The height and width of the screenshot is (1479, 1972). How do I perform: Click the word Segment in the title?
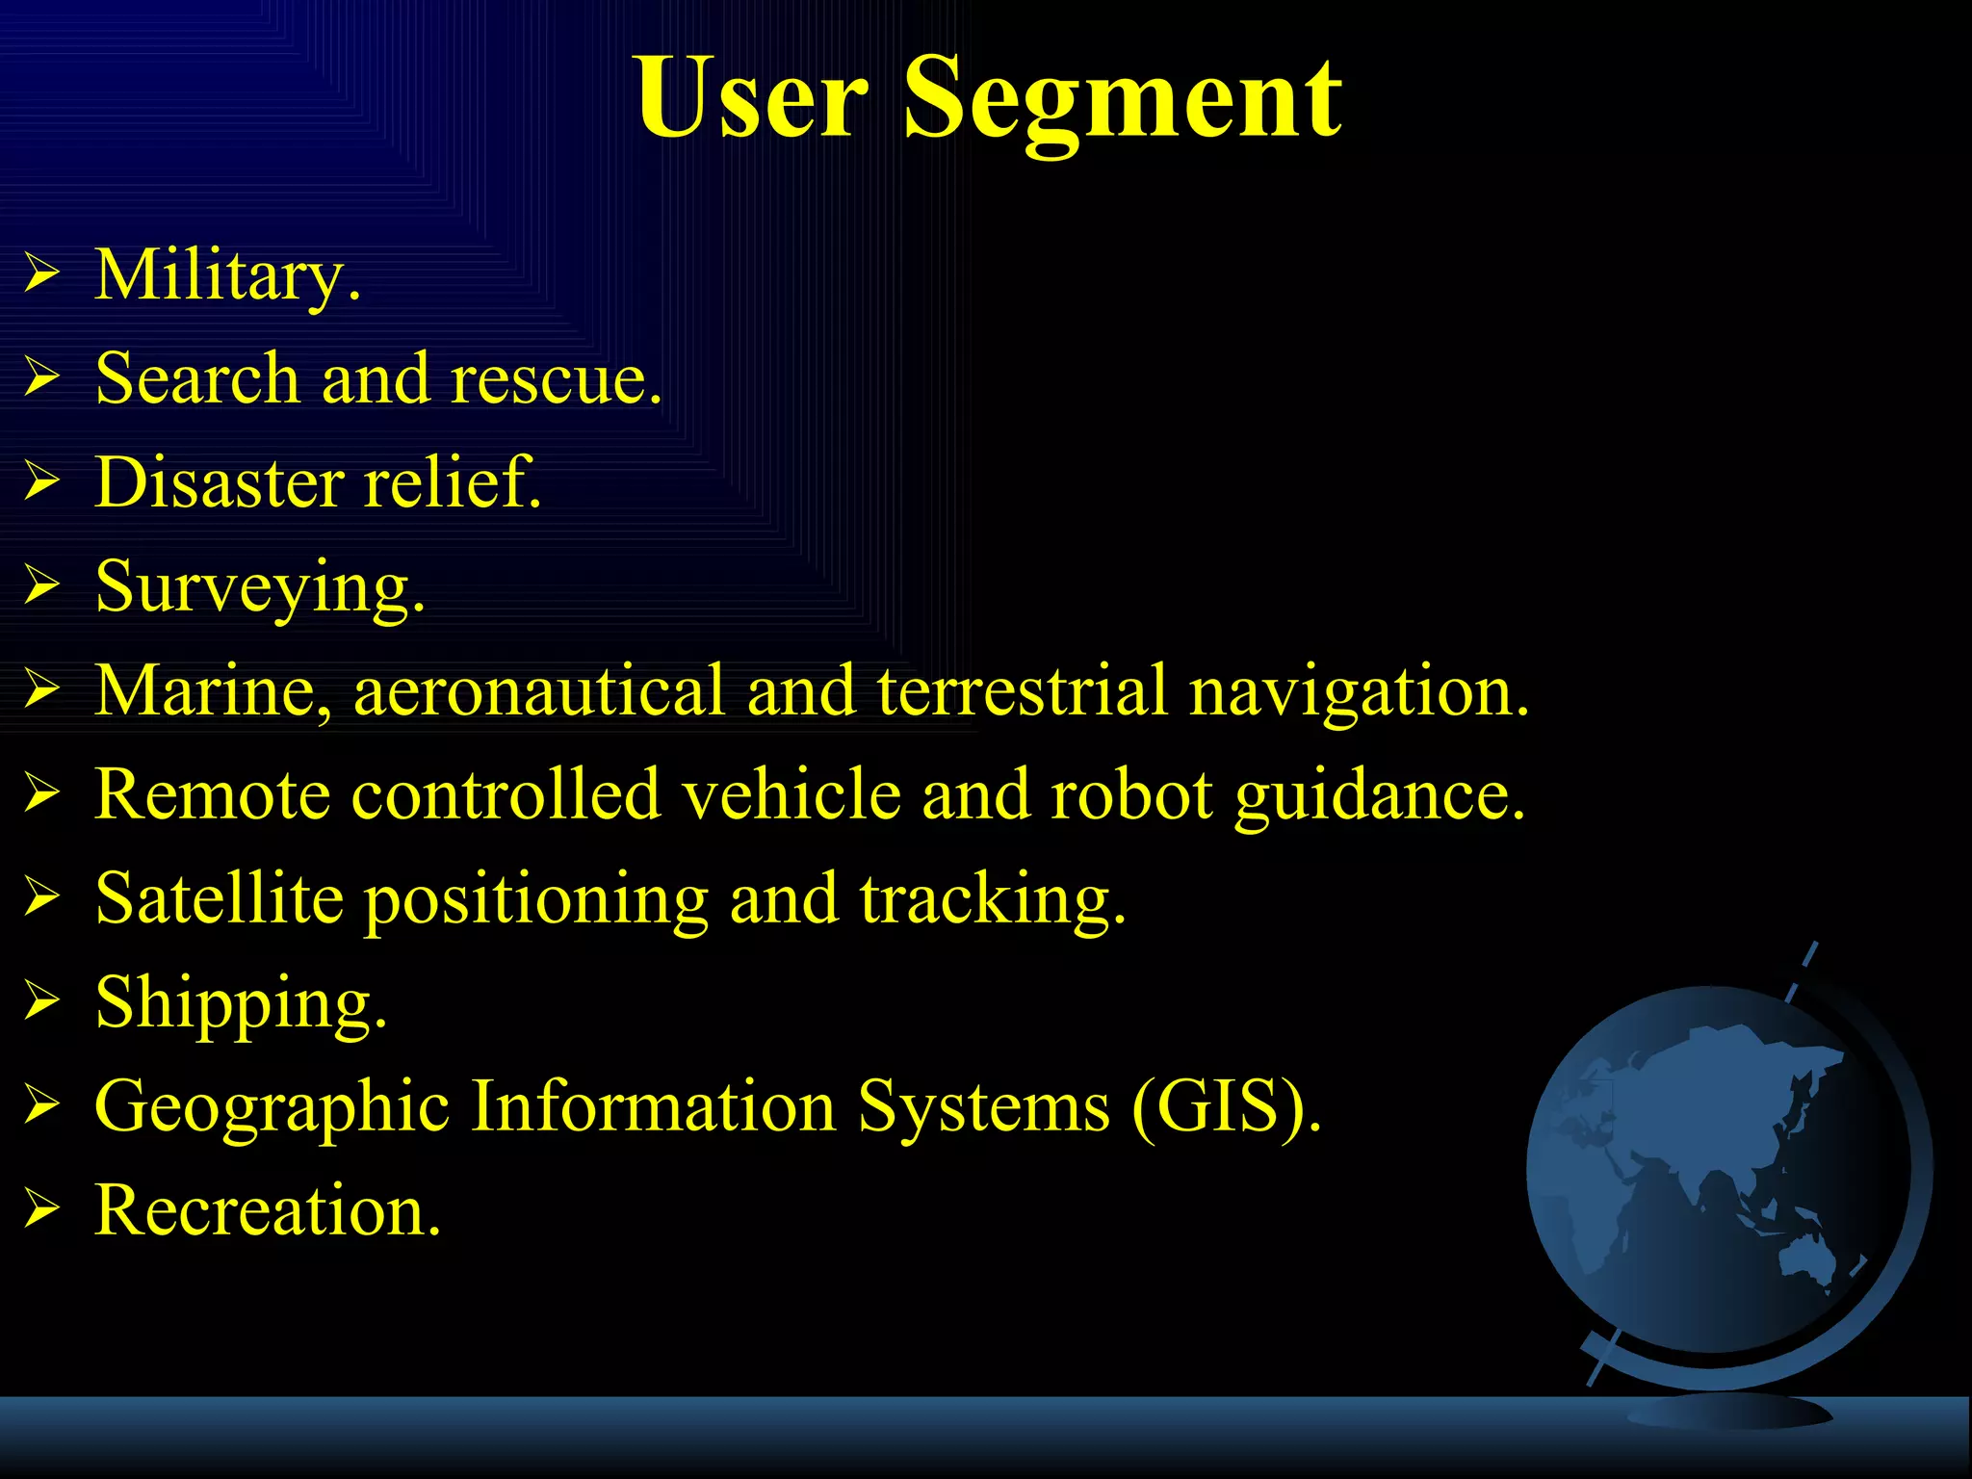pyautogui.click(x=1123, y=98)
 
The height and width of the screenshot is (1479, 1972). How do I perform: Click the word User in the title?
pyautogui.click(x=751, y=98)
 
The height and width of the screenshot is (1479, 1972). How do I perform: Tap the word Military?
pyautogui.click(x=227, y=276)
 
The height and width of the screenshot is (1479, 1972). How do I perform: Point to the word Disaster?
pyautogui.click(x=219, y=481)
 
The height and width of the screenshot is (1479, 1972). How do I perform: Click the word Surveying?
pyautogui.click(x=260, y=587)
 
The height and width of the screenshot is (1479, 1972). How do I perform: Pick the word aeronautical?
pyautogui.click(x=538, y=690)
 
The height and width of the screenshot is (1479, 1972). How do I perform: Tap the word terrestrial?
pyautogui.click(x=1022, y=690)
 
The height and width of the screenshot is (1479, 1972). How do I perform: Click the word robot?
pyautogui.click(x=1131, y=794)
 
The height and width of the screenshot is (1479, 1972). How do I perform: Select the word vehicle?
pyautogui.click(x=791, y=794)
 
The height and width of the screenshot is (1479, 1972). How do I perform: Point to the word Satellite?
pyautogui.click(x=220, y=897)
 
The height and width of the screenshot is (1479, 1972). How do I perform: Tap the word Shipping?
pyautogui.click(x=241, y=1003)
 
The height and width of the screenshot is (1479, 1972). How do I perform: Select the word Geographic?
pyautogui.click(x=272, y=1107)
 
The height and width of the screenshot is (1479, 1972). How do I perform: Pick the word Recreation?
pyautogui.click(x=268, y=1209)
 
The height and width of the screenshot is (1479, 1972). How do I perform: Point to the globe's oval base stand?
pyautogui.click(x=1729, y=1412)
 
